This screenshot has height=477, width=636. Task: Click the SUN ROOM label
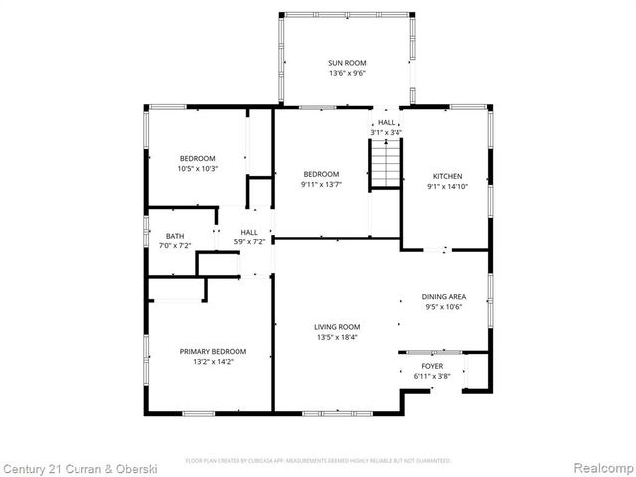click(x=347, y=63)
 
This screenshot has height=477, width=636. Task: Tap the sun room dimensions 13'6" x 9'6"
click(x=347, y=73)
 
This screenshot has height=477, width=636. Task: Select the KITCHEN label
click(x=446, y=175)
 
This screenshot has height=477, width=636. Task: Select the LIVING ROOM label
click(x=338, y=326)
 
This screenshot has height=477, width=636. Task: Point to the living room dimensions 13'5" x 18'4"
click(x=338, y=337)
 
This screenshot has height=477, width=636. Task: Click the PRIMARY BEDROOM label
click(x=213, y=351)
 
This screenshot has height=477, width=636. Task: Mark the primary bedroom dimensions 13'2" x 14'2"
click(x=213, y=362)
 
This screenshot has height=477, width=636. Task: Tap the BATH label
click(x=175, y=236)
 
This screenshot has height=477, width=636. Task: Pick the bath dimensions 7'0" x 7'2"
click(x=175, y=245)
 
